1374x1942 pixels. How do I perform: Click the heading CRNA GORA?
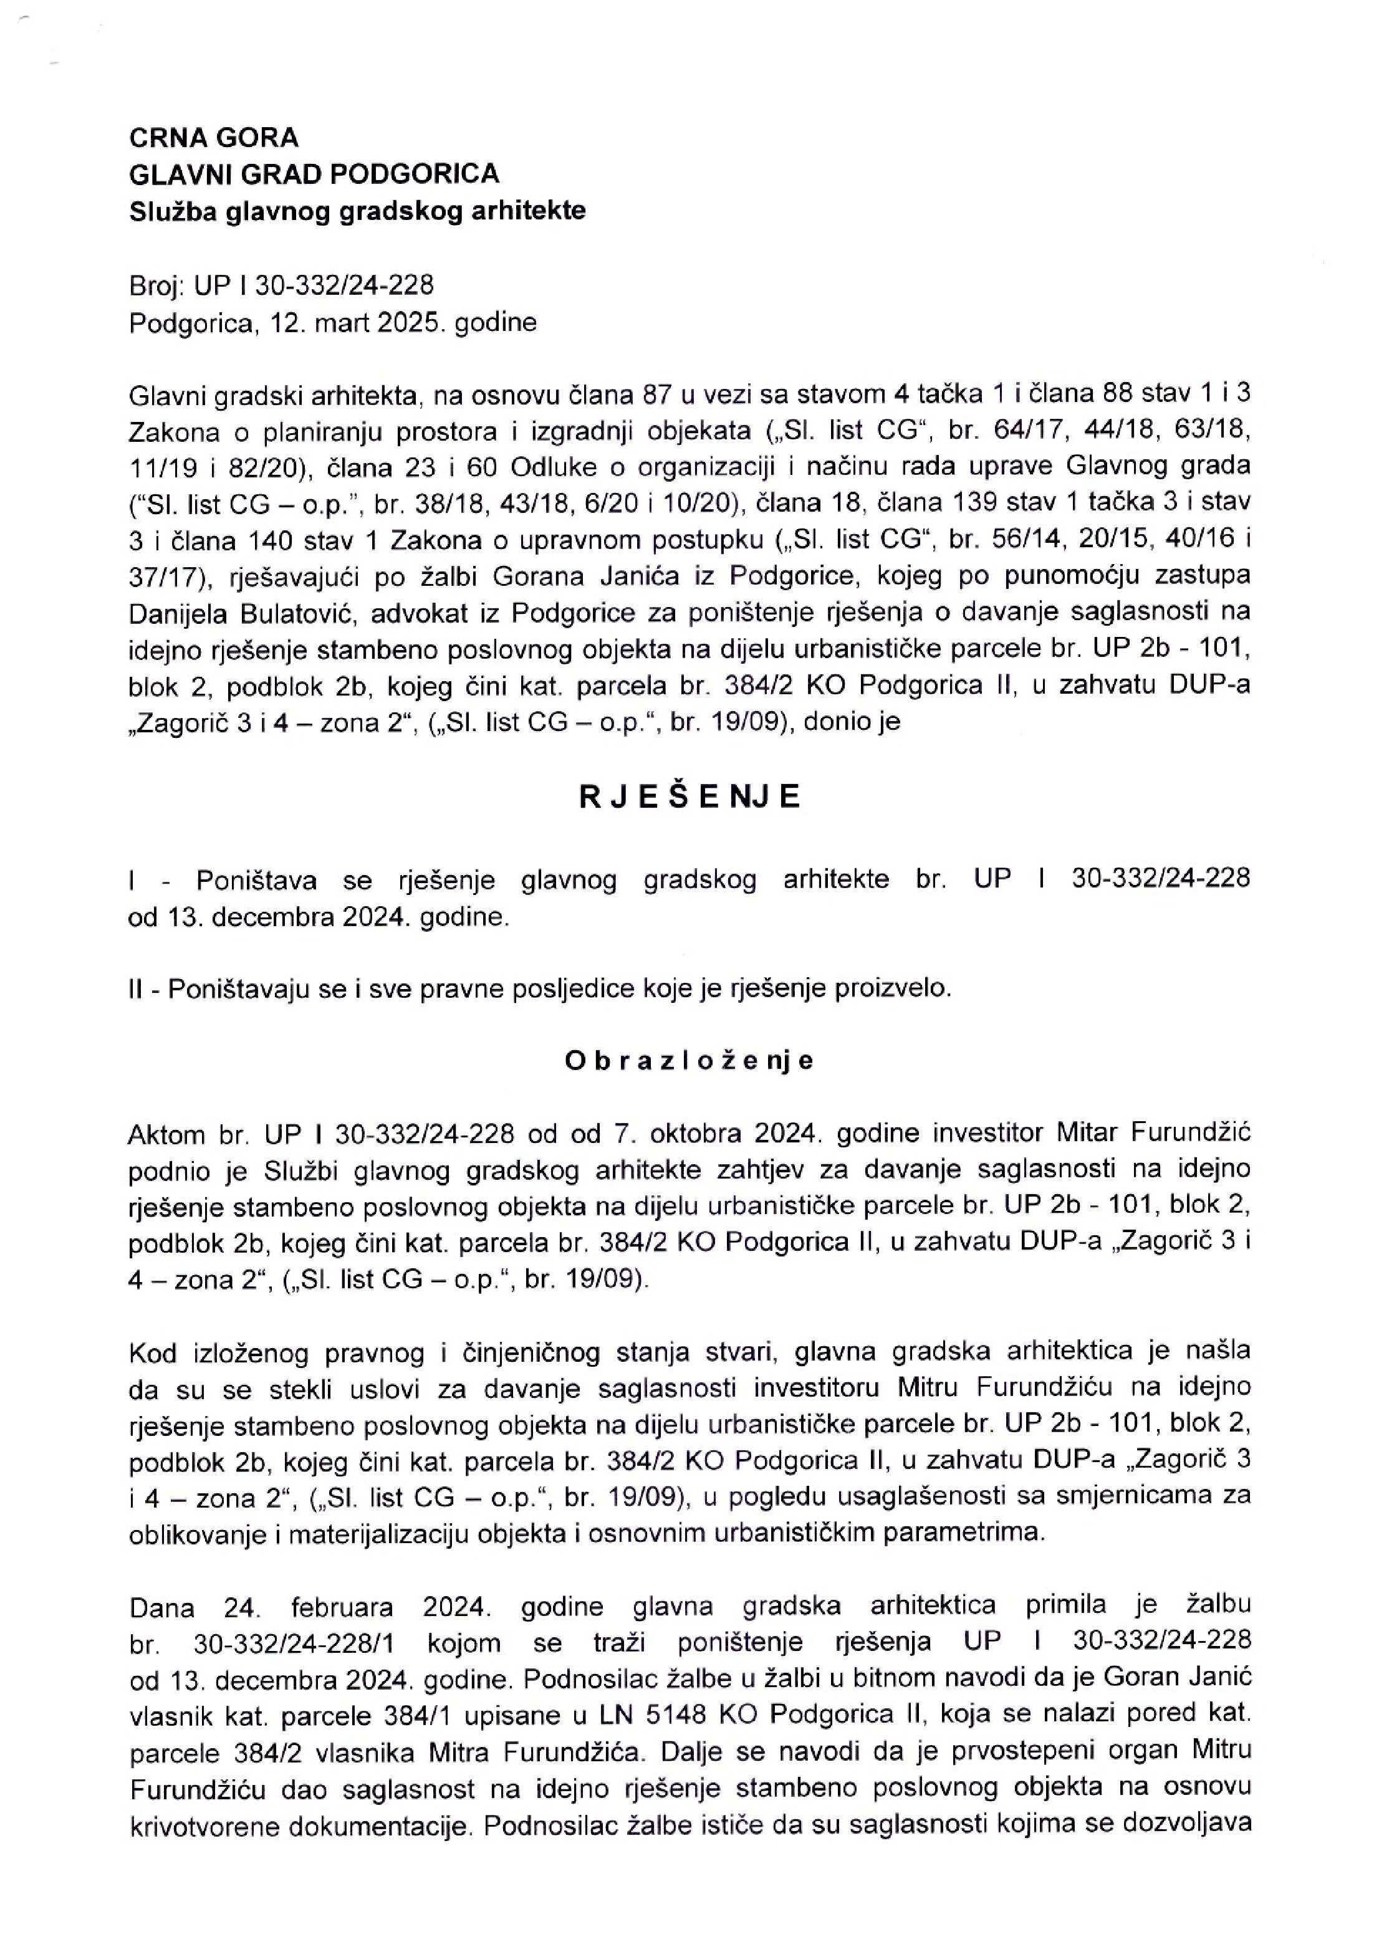coord(213,137)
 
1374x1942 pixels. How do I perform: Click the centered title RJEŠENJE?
coord(689,798)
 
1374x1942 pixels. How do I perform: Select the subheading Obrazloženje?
coord(689,1061)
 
